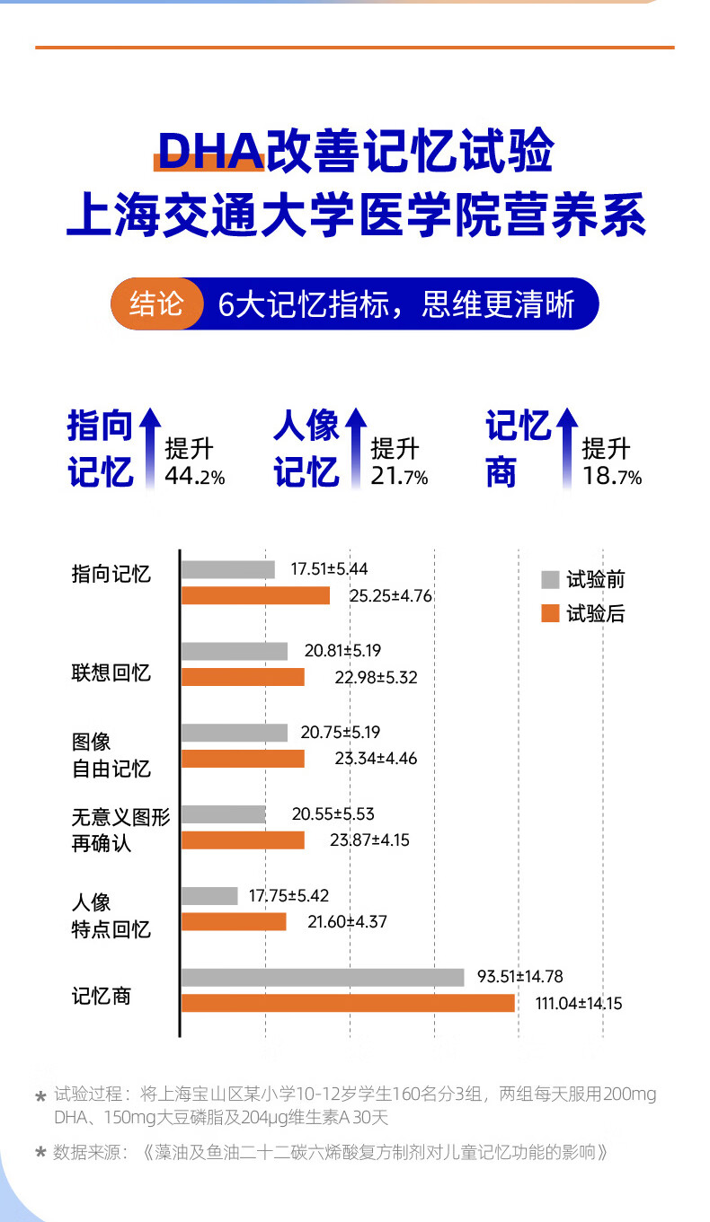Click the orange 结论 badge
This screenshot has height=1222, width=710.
pos(155,304)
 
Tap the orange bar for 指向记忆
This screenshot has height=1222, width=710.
pos(255,595)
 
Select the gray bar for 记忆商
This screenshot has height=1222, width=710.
pos(323,978)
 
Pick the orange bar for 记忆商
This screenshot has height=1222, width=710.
pos(348,1003)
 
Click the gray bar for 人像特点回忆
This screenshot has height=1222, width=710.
pos(209,896)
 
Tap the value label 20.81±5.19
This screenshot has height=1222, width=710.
pos(342,651)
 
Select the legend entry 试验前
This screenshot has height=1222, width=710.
pos(583,580)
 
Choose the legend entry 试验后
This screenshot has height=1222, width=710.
pos(583,614)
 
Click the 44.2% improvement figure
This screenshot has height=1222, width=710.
pos(194,477)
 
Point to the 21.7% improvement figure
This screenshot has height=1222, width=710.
pos(399,477)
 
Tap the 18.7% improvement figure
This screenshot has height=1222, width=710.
pos(611,477)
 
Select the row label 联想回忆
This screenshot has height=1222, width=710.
pos(111,673)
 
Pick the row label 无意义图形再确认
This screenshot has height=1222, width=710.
pos(120,831)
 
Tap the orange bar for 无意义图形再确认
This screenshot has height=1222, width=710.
pos(243,840)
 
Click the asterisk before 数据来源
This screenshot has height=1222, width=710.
pos(40,1153)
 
